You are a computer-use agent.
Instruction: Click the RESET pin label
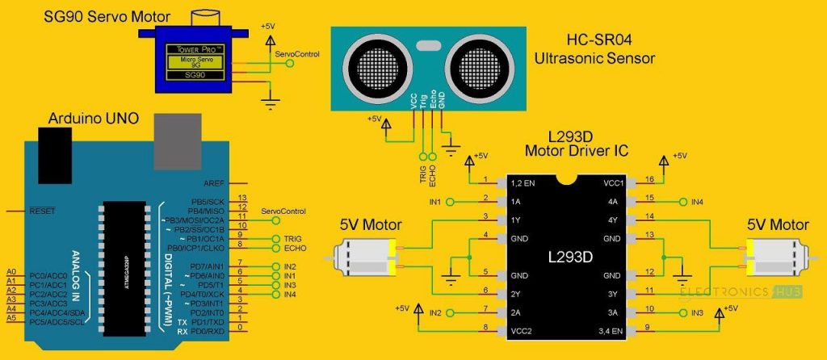pos(41,211)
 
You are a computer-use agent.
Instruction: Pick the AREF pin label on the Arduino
pos(214,182)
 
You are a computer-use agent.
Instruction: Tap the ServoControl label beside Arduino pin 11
pos(279,211)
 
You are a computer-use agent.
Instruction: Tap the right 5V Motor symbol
pos(775,259)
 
